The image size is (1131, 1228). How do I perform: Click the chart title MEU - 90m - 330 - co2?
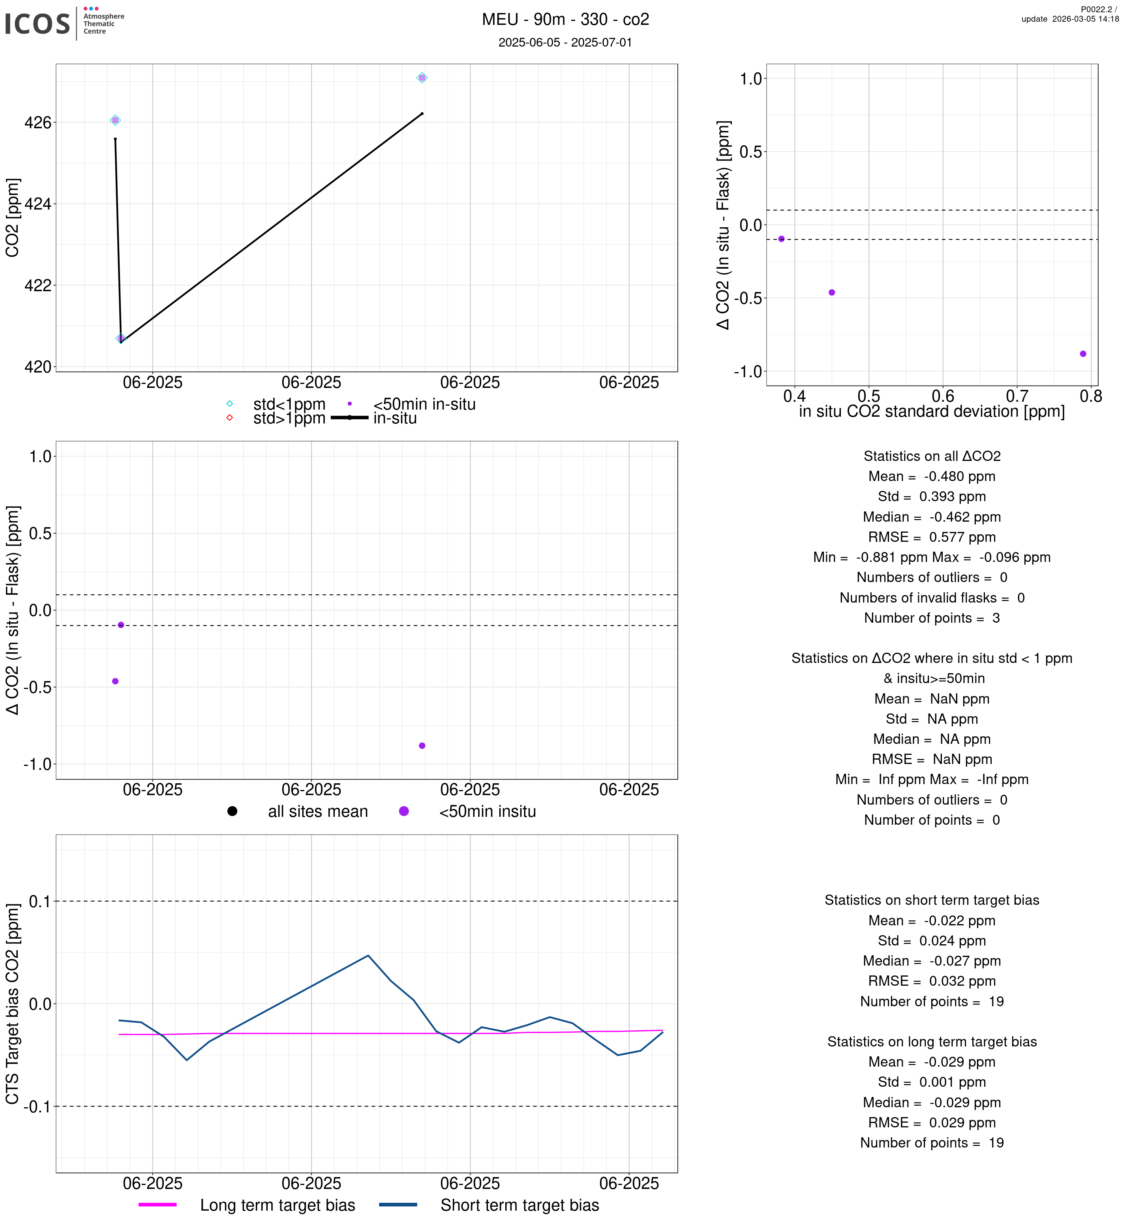point(565,20)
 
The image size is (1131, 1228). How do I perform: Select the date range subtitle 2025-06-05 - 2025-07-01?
point(565,42)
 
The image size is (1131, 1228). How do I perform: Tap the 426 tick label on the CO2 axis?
point(38,123)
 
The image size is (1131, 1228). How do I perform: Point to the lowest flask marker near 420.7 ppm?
point(120,338)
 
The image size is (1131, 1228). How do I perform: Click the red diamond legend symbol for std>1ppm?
point(229,418)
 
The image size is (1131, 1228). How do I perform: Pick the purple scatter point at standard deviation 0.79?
point(1083,354)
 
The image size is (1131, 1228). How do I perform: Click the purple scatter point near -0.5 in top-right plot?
point(832,292)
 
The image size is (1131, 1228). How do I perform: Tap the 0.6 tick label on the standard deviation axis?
point(943,397)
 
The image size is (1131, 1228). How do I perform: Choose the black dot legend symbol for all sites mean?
point(232,811)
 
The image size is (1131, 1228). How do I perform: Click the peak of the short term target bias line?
point(368,955)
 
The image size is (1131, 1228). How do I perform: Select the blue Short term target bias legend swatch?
point(398,1204)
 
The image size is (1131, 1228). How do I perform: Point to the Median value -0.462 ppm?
point(965,517)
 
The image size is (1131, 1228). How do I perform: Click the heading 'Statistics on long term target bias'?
point(932,1041)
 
